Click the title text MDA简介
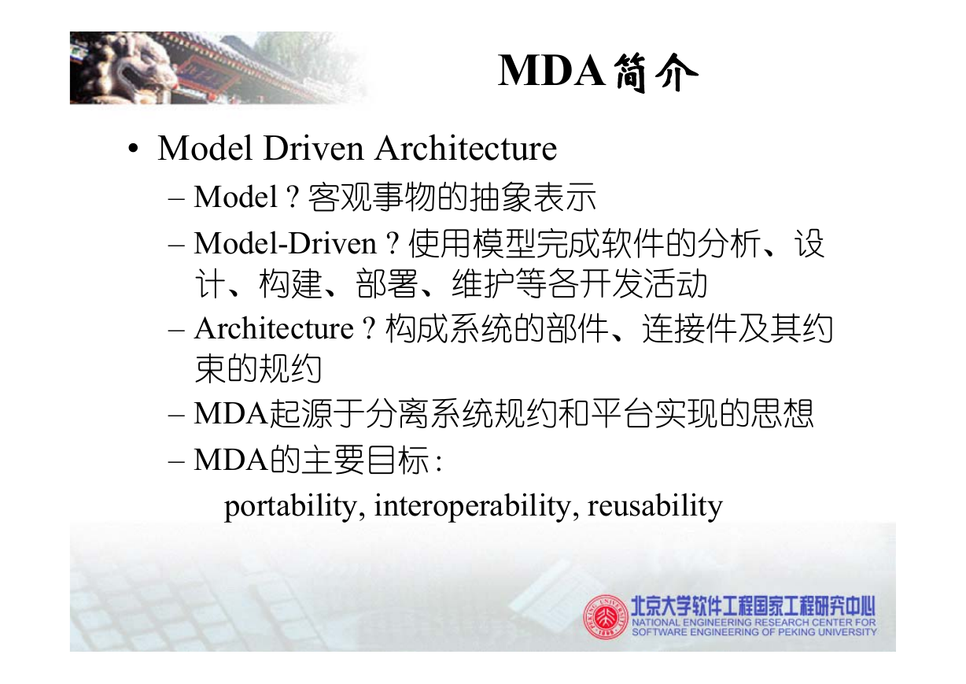coord(598,72)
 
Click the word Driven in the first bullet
coord(314,149)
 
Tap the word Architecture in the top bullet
coord(466,149)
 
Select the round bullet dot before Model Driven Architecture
coord(133,150)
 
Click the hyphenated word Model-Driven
coord(286,244)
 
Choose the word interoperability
coord(473,506)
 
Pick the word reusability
coord(654,506)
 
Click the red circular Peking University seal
coord(606,617)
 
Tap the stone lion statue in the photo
coord(123,69)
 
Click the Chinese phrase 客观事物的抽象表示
coord(452,198)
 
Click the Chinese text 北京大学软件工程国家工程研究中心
coord(753,606)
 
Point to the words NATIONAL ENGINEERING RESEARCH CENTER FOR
coord(754,623)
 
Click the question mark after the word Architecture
coord(369,329)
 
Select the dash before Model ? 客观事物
coord(176,199)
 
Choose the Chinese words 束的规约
coord(258,369)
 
